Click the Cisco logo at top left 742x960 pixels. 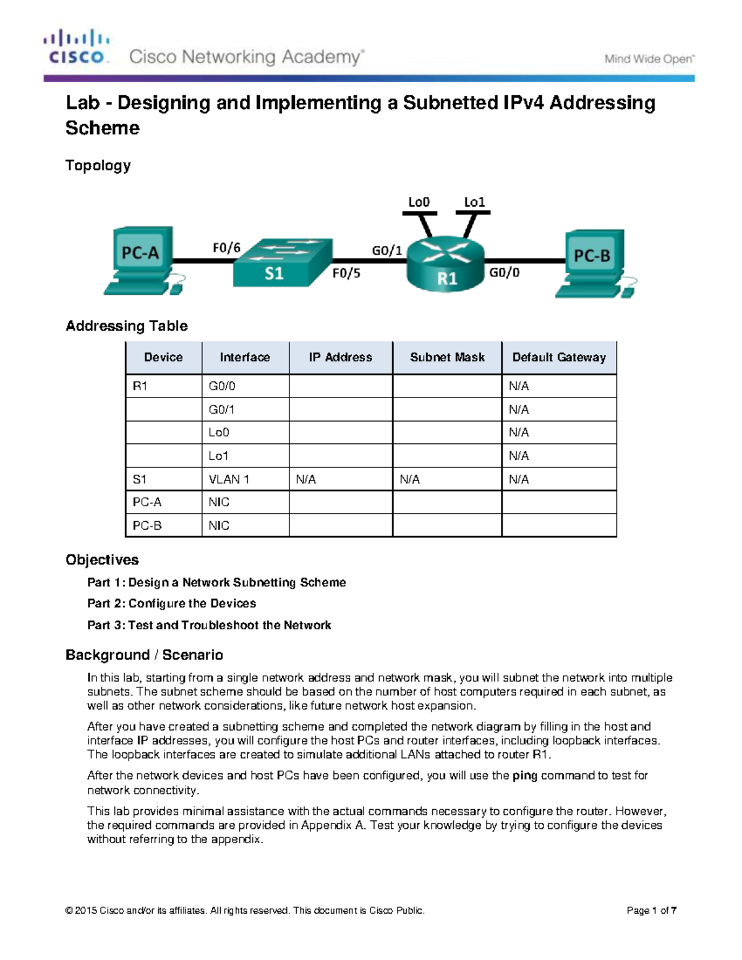[77, 47]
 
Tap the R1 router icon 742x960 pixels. [445, 265]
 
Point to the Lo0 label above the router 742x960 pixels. [419, 202]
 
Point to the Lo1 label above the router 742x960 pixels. [474, 202]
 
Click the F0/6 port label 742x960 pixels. [226, 248]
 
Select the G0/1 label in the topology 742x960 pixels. [387, 250]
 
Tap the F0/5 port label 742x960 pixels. [346, 273]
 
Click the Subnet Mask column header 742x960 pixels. [447, 357]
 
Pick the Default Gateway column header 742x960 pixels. [559, 357]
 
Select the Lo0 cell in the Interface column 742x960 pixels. [219, 432]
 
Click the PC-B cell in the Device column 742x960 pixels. [147, 525]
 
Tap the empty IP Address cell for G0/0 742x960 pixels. [341, 386]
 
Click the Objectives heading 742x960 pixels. [102, 559]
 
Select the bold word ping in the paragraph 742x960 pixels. [525, 775]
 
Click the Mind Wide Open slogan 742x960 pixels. [649, 59]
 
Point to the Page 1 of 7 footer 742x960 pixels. [651, 910]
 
